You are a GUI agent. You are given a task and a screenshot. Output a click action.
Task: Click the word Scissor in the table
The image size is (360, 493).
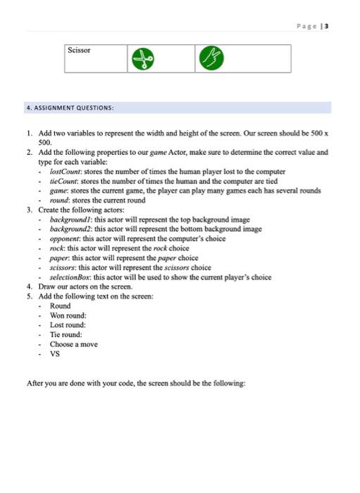pyautogui.click(x=80, y=51)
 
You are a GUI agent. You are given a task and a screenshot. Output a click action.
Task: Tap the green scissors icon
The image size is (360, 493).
pyautogui.click(x=146, y=59)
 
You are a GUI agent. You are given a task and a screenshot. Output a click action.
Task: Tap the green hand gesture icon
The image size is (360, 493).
pyautogui.click(x=210, y=59)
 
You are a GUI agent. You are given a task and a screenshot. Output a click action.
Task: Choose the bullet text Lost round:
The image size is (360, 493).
pyautogui.click(x=68, y=325)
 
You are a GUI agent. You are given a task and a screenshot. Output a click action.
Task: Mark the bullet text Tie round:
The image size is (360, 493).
pyautogui.click(x=66, y=335)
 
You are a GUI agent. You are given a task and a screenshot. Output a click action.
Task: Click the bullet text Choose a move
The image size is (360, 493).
pyautogui.click(x=73, y=344)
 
